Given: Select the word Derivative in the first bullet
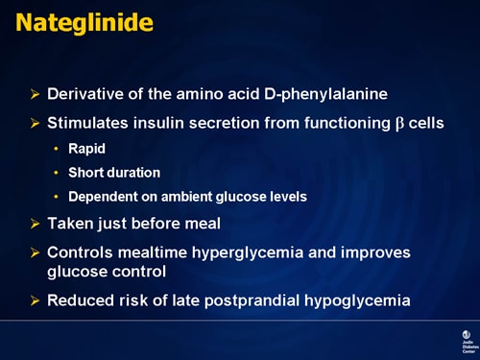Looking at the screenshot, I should [87, 95].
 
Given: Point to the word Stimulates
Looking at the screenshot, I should [93, 124].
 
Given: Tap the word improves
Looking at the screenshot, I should [375, 252].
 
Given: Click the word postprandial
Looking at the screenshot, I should [254, 300].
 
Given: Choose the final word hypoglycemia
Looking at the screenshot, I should [359, 300].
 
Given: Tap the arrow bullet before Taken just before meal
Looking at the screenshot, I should [36, 224].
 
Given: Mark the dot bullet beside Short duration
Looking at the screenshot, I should [57, 173].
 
